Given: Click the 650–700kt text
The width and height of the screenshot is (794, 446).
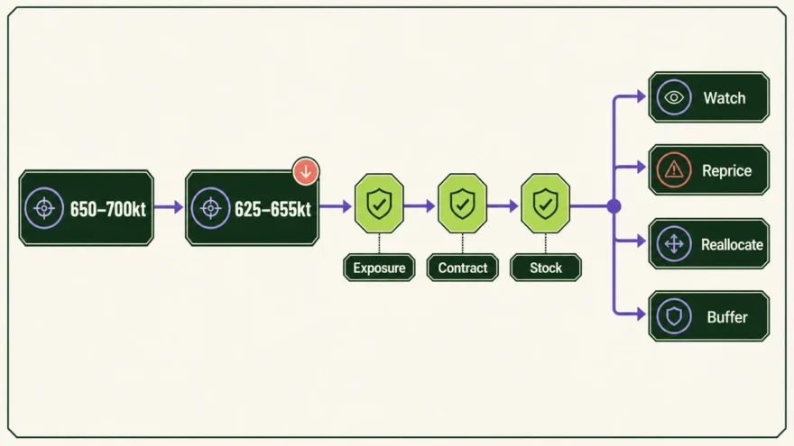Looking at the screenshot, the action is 108,209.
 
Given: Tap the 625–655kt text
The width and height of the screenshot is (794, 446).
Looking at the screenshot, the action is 272,209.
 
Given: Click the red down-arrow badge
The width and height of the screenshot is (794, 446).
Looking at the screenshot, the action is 306,171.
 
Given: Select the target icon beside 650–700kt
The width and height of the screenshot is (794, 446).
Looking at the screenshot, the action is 44,208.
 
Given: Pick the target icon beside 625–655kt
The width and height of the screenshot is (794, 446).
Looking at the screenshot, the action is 210,208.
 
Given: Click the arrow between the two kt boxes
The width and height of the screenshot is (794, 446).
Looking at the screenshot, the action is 169,207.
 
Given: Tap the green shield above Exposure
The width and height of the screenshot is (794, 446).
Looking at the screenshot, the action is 379,204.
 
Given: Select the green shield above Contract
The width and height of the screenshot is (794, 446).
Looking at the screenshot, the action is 462,204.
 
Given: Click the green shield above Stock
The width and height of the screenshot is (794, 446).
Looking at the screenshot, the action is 545,204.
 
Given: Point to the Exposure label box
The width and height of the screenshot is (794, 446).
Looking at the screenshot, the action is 379,268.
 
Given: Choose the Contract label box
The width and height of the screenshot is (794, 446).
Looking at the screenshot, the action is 462,268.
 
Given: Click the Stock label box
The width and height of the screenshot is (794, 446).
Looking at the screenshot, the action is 546,268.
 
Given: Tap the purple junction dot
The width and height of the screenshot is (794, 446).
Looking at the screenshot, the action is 614,206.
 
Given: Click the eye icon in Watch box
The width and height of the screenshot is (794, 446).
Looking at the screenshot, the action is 674,97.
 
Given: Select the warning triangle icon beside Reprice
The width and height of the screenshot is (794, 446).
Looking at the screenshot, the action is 674,170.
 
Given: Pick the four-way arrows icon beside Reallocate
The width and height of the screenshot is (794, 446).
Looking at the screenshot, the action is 674,244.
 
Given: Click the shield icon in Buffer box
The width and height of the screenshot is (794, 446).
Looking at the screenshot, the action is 674,316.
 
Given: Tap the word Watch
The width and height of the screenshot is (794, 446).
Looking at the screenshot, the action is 725,97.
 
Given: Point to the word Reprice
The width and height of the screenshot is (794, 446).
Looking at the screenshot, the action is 726,171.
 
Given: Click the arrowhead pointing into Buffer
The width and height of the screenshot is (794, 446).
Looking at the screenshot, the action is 642,314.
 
